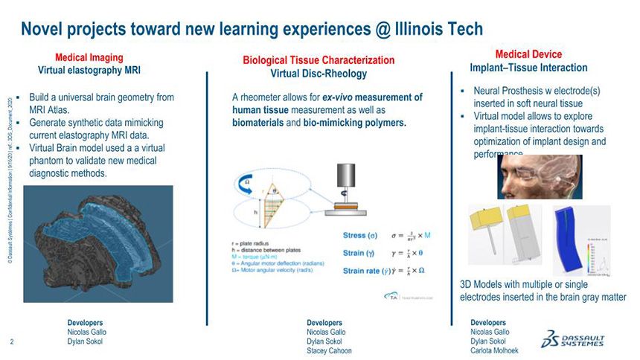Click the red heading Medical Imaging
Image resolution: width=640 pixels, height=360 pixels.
click(89, 57)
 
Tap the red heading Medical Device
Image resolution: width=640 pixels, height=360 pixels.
click(528, 54)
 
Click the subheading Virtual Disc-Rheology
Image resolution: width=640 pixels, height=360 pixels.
click(318, 74)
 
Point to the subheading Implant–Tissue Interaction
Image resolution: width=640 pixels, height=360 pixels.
click(528, 68)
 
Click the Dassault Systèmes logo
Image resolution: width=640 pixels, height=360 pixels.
click(574, 338)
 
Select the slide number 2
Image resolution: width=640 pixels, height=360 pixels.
click(13, 342)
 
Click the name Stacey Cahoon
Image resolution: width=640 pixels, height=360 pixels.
click(329, 351)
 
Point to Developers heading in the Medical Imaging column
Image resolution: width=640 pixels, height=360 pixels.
click(85, 322)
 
